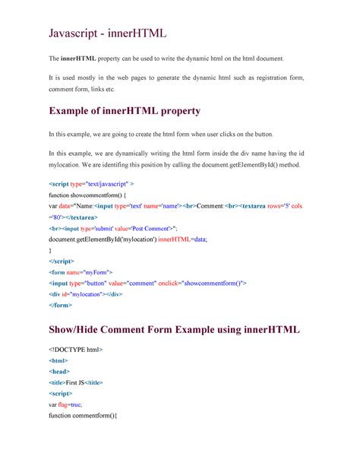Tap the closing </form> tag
(x=61, y=305)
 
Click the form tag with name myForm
(x=81, y=271)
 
